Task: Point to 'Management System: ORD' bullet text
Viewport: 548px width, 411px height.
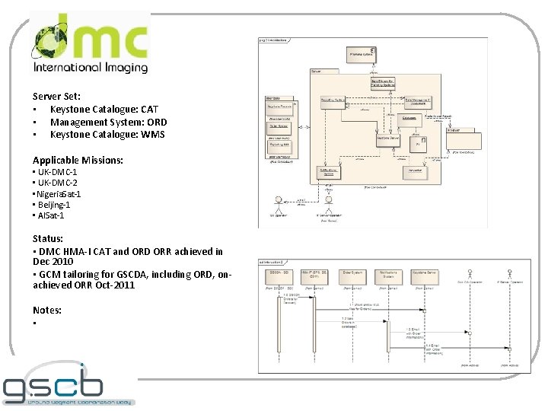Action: (x=109, y=122)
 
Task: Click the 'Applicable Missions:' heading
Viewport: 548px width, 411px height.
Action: (x=78, y=160)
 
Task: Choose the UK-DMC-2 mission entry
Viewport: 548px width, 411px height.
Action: (x=56, y=183)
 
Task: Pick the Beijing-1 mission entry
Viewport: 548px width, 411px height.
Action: (x=53, y=205)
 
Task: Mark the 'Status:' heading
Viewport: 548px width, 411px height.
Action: (x=47, y=238)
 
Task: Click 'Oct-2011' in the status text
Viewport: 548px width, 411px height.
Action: (x=118, y=285)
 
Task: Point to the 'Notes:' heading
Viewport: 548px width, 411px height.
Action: (x=47, y=311)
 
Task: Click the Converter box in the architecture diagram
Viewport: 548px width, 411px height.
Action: (x=416, y=170)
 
